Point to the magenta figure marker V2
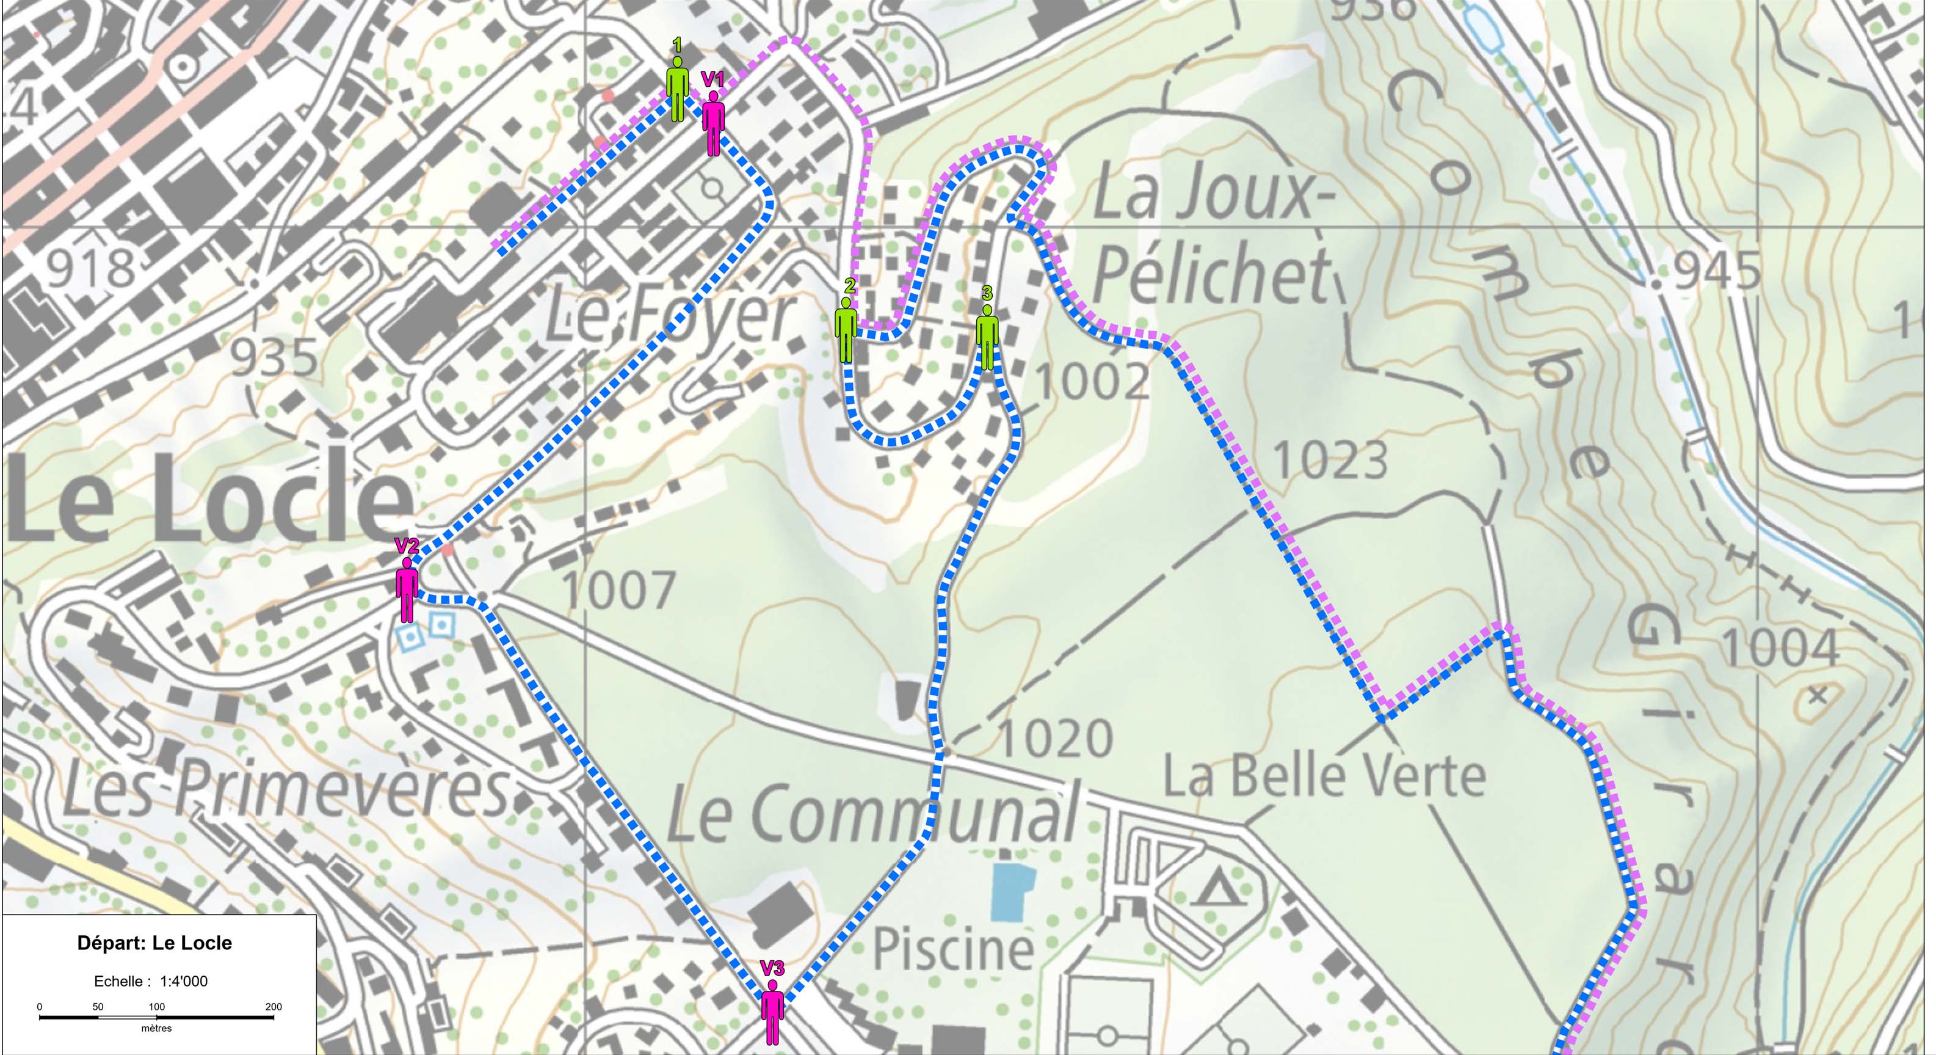(x=407, y=590)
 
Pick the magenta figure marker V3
(x=772, y=1012)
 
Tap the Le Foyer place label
(x=669, y=316)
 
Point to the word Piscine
(x=953, y=949)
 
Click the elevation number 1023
(x=1330, y=459)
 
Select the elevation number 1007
(x=618, y=590)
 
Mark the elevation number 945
(x=1716, y=271)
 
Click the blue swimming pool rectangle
(x=1012, y=892)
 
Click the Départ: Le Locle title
(x=155, y=943)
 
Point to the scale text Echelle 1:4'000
(x=150, y=981)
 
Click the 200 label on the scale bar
(x=274, y=1007)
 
